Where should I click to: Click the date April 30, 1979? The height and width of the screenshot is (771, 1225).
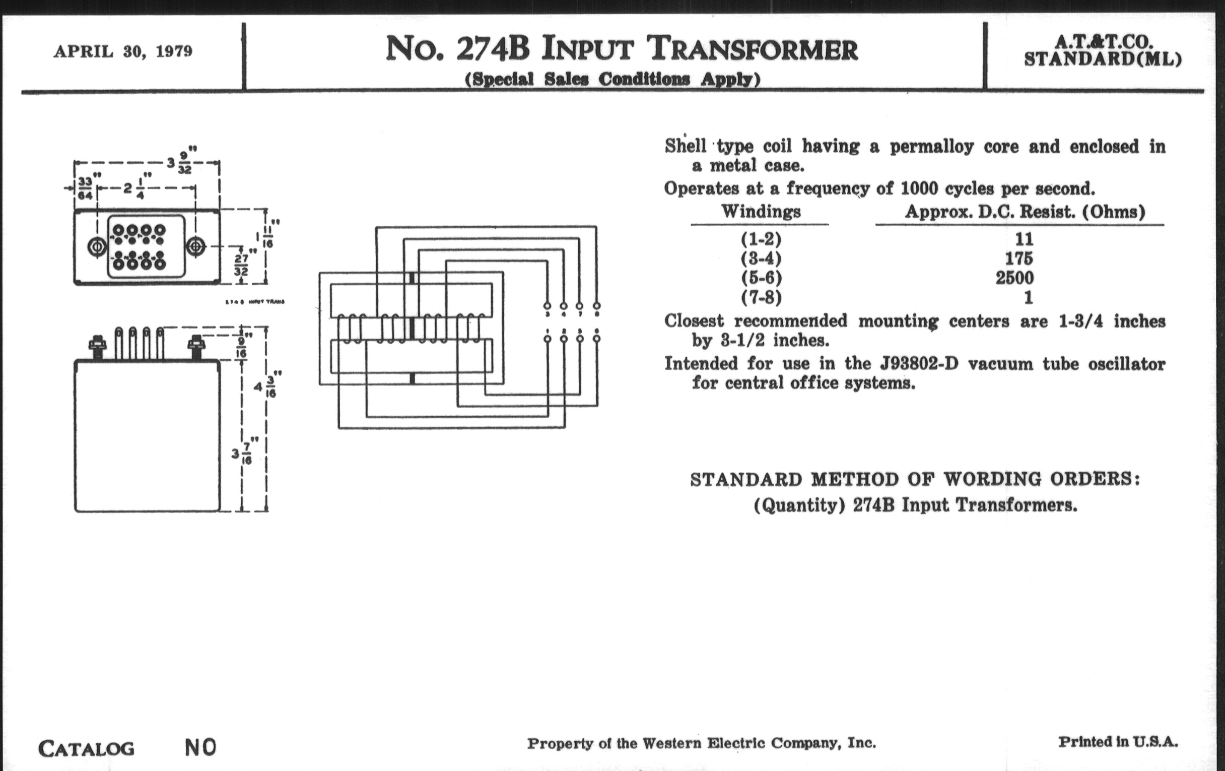coord(123,52)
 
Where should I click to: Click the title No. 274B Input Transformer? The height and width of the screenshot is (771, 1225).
coord(622,49)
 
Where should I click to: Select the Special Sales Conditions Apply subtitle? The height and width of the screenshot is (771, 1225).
coord(612,80)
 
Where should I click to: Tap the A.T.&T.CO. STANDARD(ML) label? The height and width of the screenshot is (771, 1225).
coord(1102,51)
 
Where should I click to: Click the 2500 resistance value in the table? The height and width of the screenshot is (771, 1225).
coord(1014,278)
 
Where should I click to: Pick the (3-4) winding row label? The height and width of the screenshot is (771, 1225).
coord(761,259)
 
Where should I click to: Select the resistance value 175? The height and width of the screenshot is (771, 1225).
coord(1018,259)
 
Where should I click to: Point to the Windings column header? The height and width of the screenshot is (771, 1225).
coord(761,211)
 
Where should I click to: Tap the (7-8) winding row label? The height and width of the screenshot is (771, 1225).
coord(761,297)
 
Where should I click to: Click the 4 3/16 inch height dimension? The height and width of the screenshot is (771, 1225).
coord(265,387)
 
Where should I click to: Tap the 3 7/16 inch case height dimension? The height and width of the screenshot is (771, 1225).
coord(242,453)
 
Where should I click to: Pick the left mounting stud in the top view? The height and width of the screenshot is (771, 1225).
coord(97,247)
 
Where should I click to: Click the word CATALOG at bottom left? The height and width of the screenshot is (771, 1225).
coord(86,749)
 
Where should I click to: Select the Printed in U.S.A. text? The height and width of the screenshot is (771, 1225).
coord(1118,742)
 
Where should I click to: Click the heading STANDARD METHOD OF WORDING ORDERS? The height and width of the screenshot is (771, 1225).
coord(915,479)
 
